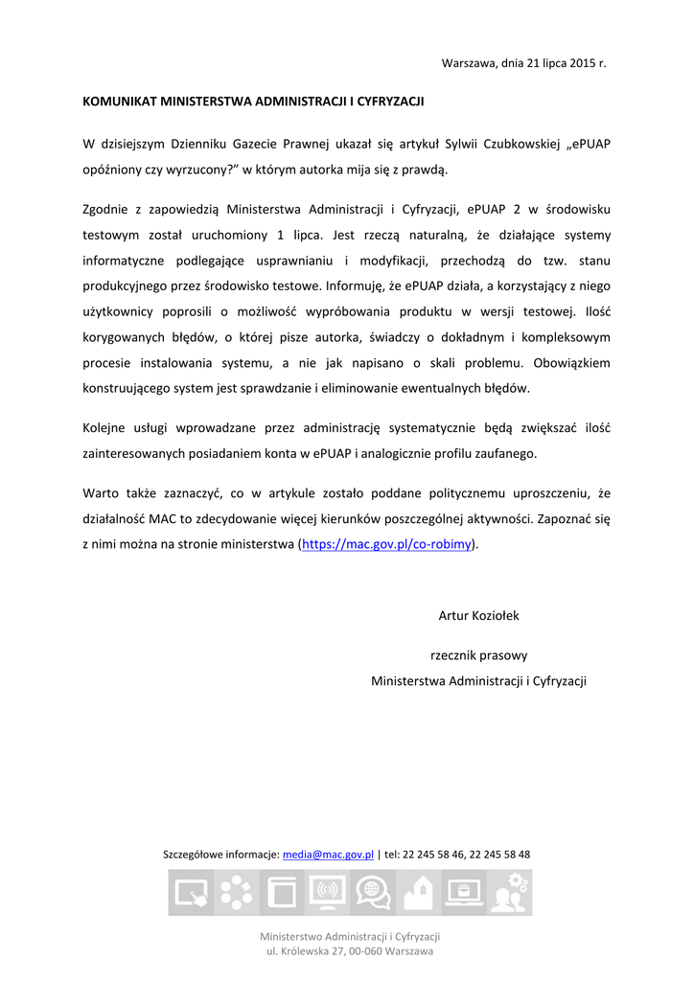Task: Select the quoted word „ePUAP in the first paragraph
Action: (x=590, y=145)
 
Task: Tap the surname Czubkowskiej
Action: (x=515, y=145)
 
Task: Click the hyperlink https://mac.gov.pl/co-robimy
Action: (x=387, y=544)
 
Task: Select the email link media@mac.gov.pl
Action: (x=328, y=855)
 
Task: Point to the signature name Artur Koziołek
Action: (x=478, y=616)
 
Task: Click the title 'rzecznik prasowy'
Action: (x=478, y=656)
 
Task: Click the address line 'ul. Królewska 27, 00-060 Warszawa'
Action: (x=350, y=951)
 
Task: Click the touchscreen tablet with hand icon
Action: (x=191, y=893)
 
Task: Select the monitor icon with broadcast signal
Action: (x=327, y=893)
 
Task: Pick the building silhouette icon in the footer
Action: (x=418, y=893)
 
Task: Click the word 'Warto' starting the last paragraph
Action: (x=101, y=493)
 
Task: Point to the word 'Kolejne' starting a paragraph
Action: (x=105, y=428)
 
